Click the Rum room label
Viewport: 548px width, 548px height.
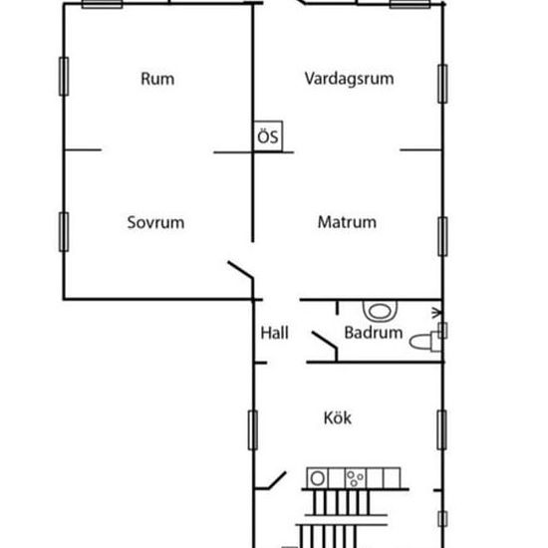click(157, 79)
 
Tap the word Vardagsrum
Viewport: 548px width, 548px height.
click(349, 79)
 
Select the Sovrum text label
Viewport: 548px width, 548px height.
click(155, 222)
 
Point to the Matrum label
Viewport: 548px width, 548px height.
click(347, 222)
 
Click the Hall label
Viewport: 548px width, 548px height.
click(275, 333)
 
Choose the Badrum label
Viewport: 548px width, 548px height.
click(374, 333)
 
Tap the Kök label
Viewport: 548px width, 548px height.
click(337, 417)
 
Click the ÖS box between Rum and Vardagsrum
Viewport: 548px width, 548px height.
click(268, 137)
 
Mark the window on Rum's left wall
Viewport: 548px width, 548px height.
click(64, 76)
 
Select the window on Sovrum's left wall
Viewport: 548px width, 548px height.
click(64, 232)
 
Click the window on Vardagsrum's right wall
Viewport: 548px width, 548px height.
click(442, 84)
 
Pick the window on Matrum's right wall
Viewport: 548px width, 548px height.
click(442, 236)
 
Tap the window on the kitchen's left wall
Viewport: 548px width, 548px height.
click(253, 429)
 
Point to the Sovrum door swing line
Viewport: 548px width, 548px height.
click(240, 270)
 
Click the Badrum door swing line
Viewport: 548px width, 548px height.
click(325, 340)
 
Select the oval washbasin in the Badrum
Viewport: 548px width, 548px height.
click(380, 311)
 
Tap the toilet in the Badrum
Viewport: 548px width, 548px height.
click(425, 341)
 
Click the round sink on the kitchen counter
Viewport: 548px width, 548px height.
click(317, 478)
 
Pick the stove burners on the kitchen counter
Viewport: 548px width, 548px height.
click(355, 478)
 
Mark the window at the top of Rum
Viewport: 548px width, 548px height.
click(102, 4)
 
